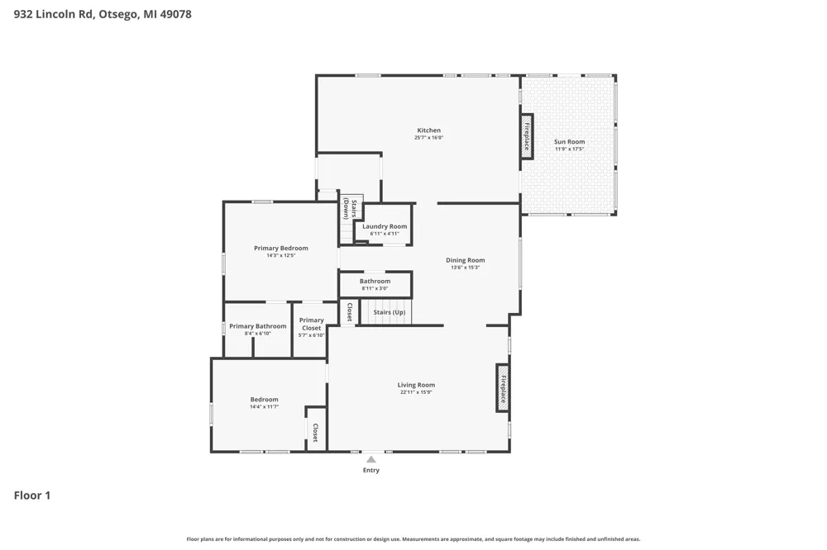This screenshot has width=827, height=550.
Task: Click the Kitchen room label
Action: (428, 130)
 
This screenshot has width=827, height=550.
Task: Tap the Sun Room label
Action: (569, 142)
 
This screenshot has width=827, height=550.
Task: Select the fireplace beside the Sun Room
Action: (527, 136)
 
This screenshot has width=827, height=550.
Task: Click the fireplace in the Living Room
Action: (503, 388)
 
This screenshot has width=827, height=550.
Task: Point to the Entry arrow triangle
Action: (371, 459)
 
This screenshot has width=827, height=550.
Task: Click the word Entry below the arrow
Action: (370, 470)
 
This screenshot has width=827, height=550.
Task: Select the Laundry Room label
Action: (385, 226)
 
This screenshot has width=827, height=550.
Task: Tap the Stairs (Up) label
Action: (390, 312)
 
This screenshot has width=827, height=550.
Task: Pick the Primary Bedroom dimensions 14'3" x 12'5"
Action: (280, 255)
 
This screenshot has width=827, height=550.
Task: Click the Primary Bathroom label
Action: (257, 326)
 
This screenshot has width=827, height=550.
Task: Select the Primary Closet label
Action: (311, 324)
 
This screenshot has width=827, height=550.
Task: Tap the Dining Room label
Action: (465, 260)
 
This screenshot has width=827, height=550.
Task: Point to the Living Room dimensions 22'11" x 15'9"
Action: (416, 392)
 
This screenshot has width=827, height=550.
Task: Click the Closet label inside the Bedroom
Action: (315, 433)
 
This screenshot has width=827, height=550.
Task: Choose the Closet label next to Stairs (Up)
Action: (349, 312)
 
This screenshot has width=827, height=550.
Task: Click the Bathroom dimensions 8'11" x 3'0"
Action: (375, 288)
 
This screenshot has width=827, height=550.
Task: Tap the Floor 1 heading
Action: (32, 495)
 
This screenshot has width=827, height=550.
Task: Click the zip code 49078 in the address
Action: (175, 14)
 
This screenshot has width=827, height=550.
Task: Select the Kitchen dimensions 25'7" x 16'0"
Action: (428, 137)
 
